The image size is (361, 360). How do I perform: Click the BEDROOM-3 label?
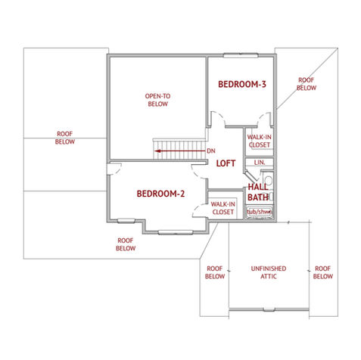coord(241,84)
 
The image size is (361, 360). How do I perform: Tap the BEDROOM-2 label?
coord(160,194)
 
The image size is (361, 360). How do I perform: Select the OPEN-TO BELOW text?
coord(157,100)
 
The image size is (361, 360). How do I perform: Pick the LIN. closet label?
coord(259,163)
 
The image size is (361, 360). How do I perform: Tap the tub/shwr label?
coord(259,212)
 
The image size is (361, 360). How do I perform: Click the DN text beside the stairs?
coord(210,151)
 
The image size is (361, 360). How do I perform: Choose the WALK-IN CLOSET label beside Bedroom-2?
coord(223,208)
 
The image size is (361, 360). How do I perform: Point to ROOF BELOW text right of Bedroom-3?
coord(306,83)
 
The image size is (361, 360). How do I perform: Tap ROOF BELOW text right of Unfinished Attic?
coord(323,272)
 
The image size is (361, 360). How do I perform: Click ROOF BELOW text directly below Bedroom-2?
coord(126,244)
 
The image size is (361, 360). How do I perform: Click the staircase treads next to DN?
coord(179,144)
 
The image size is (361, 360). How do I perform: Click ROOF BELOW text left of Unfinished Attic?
coord(214,272)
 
